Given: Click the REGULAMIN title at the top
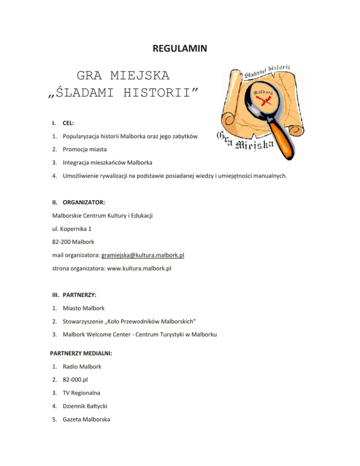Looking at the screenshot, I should pyautogui.click(x=180, y=48).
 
